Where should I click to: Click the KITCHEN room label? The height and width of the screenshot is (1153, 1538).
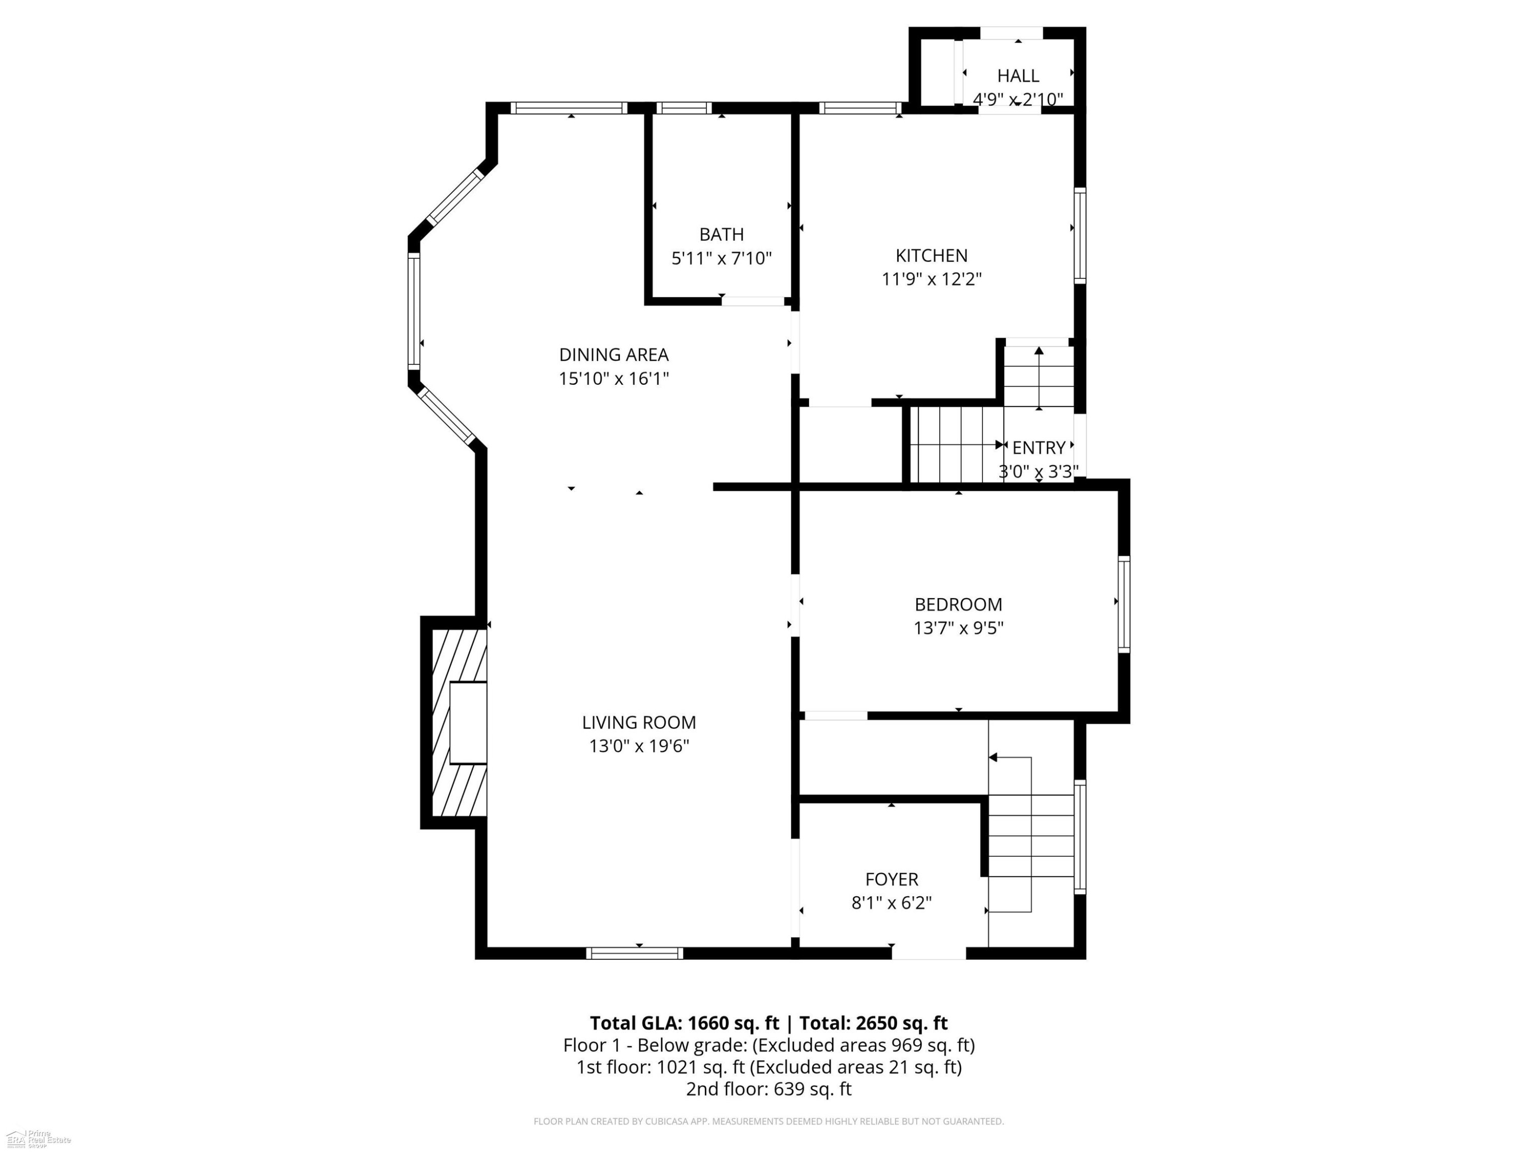tap(931, 256)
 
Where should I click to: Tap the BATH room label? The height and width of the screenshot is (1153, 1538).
tap(722, 234)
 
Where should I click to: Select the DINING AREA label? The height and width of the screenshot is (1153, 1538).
tap(614, 355)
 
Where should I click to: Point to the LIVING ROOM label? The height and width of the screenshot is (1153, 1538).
tap(639, 722)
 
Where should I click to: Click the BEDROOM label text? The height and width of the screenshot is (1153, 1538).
tap(958, 605)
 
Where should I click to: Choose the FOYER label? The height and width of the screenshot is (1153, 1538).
tap(892, 879)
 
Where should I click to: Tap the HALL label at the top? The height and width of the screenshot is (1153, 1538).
tap(1018, 76)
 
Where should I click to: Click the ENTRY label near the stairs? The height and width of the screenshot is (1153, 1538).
tap(1039, 447)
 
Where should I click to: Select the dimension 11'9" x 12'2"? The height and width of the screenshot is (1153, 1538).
tap(932, 279)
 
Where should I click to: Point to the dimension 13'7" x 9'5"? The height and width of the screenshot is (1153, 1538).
tap(958, 628)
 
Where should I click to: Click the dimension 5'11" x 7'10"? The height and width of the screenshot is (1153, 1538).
tap(722, 259)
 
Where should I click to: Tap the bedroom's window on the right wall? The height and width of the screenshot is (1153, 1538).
tap(1124, 604)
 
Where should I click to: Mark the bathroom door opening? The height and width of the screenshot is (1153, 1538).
tap(753, 301)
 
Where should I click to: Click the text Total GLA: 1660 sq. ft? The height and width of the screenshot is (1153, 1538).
tap(684, 1023)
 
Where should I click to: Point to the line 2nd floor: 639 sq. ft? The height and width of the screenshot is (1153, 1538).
tap(768, 1089)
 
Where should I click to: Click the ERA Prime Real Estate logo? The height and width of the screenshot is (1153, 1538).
tap(38, 1139)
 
